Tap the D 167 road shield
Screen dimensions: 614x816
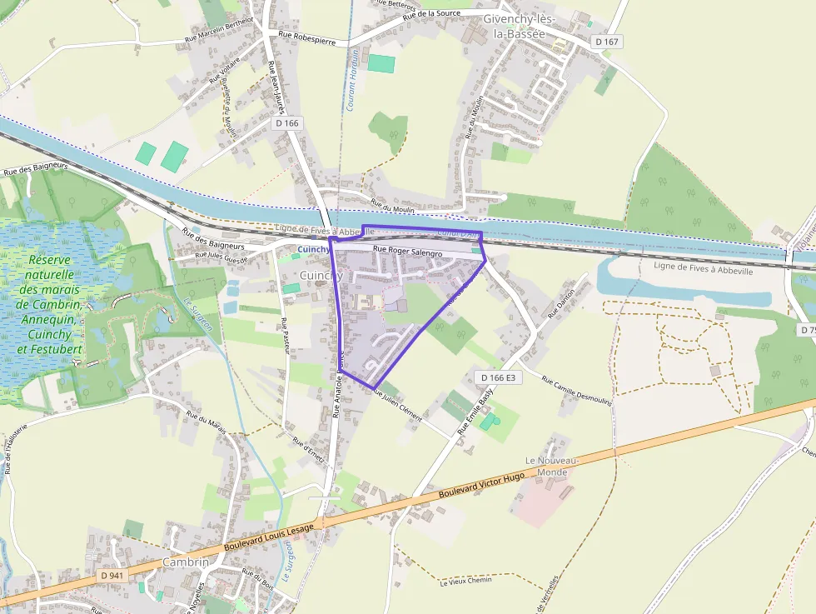607,42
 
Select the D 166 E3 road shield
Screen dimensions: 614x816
499,377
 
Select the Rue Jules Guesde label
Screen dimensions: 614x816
221,257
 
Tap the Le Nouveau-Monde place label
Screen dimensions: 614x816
546,467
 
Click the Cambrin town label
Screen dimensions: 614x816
185,562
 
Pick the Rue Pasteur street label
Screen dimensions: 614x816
284,336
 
